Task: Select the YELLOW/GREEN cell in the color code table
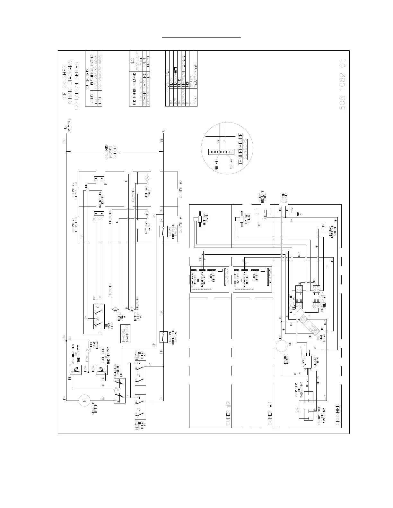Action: [x=195, y=72]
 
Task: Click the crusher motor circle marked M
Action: [x=84, y=401]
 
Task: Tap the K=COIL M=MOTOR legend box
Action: [x=125, y=334]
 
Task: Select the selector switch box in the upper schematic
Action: [x=119, y=390]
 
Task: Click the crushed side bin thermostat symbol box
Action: [x=76, y=370]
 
